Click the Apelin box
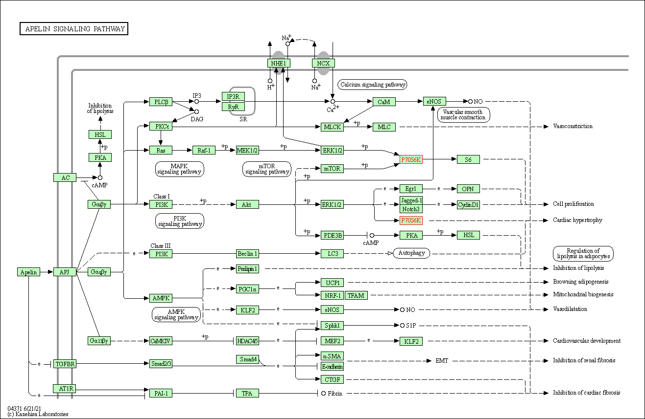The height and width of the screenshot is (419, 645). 28,272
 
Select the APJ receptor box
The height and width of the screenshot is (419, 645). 65,272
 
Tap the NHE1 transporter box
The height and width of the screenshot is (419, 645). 279,63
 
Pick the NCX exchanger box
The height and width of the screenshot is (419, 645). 323,63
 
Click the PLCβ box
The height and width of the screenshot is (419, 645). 161,102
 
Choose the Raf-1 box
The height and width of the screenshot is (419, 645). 204,150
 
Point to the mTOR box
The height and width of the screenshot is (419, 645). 332,168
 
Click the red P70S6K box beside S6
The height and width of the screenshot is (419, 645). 411,159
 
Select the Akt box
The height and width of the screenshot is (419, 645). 247,204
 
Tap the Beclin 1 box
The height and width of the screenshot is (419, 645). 247,253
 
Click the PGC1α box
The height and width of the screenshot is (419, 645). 247,289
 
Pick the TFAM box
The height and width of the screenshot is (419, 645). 356,295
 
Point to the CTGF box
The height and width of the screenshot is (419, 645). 332,379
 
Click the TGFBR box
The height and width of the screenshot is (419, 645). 65,364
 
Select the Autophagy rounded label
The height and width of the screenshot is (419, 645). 411,253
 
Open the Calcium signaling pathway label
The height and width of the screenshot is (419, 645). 372,85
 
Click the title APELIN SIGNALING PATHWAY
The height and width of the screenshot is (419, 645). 74,29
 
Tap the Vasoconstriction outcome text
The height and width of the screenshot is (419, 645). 573,126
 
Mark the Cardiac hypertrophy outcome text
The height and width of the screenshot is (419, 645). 577,220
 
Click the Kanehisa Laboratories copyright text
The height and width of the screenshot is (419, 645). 38,414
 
